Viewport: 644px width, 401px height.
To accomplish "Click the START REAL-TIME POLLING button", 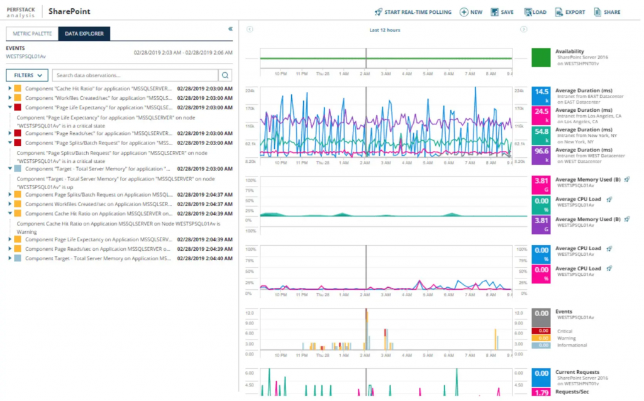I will point(413,12).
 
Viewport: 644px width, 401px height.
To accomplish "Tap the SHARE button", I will point(606,12).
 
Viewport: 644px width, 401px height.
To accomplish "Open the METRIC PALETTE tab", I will point(31,34).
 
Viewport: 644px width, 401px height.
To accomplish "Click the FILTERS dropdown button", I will point(27,75).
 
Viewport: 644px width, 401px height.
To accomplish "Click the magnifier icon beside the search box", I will point(225,75).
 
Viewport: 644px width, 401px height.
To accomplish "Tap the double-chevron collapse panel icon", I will point(230,29).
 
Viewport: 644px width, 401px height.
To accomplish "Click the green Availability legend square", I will point(541,57).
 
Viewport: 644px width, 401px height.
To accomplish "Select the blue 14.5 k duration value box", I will point(541,96).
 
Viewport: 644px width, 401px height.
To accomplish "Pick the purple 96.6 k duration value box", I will point(541,155).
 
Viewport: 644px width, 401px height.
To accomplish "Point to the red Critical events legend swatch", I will point(541,331).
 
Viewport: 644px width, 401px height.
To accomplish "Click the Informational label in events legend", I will point(572,345).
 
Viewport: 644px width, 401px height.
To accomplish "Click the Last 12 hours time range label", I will point(385,30).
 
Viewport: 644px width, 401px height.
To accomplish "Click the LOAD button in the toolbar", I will point(535,12).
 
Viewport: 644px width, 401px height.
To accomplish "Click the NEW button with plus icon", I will point(471,12).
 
